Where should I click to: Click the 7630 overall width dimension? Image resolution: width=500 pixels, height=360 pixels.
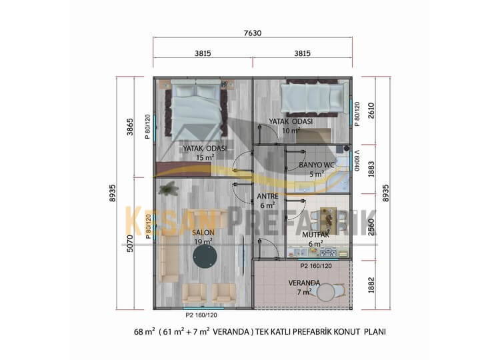click(253, 33)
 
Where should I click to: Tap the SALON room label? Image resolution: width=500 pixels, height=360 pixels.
click(203, 233)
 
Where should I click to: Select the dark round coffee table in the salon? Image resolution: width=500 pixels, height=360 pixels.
click(205, 257)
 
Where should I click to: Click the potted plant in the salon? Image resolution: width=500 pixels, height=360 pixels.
click(169, 188)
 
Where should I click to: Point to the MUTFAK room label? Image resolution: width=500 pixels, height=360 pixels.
click(315, 235)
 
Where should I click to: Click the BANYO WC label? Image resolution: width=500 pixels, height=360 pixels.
click(317, 165)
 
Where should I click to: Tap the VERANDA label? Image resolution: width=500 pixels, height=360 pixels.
click(304, 283)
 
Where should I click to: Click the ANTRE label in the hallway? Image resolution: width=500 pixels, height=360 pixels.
click(267, 197)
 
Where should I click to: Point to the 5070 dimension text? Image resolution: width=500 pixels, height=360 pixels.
click(130, 243)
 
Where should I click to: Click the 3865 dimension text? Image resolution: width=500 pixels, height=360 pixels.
click(130, 127)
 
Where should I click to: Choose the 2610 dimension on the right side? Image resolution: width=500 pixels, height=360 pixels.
click(371, 111)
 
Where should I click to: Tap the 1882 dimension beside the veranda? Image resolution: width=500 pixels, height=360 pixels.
click(371, 285)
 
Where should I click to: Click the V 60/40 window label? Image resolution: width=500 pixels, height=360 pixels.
click(357, 161)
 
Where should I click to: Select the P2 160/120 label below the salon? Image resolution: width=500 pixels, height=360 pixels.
click(201, 315)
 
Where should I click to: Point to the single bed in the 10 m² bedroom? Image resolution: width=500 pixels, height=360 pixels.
click(314, 98)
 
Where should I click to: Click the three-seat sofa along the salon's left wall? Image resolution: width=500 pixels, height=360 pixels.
click(169, 259)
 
